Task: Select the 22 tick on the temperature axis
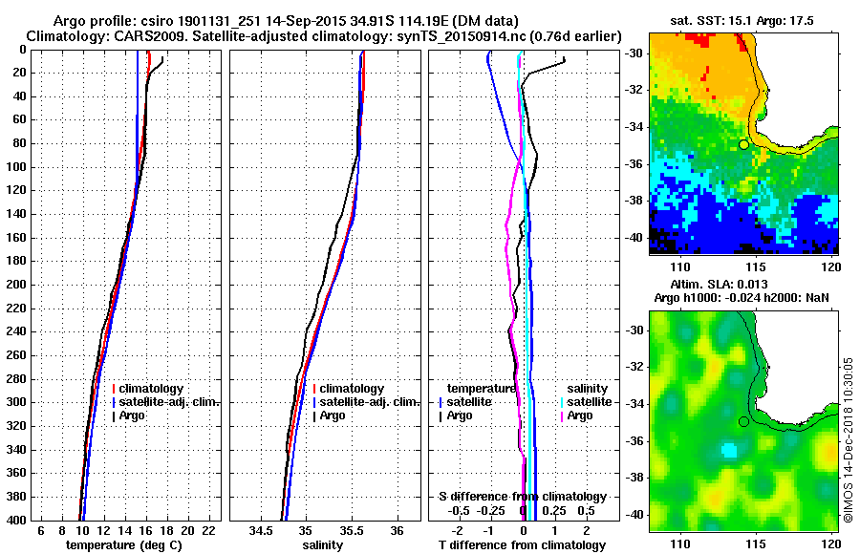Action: [208, 530]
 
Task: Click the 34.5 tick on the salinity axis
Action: [260, 530]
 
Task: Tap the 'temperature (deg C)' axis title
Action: [123, 544]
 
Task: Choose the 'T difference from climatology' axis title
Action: [522, 544]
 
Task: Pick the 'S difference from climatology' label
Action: [522, 497]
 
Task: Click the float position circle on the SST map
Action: [743, 144]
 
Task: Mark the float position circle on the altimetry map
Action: [743, 421]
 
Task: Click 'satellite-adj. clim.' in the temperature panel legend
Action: [172, 402]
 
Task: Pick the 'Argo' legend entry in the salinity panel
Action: [333, 415]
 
